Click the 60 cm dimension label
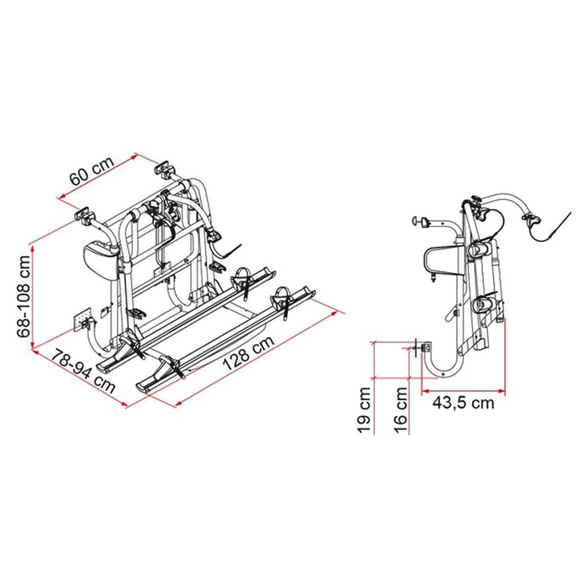(x=90, y=174)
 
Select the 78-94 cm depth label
(x=80, y=369)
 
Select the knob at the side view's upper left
(x=416, y=222)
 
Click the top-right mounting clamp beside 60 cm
(x=164, y=172)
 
